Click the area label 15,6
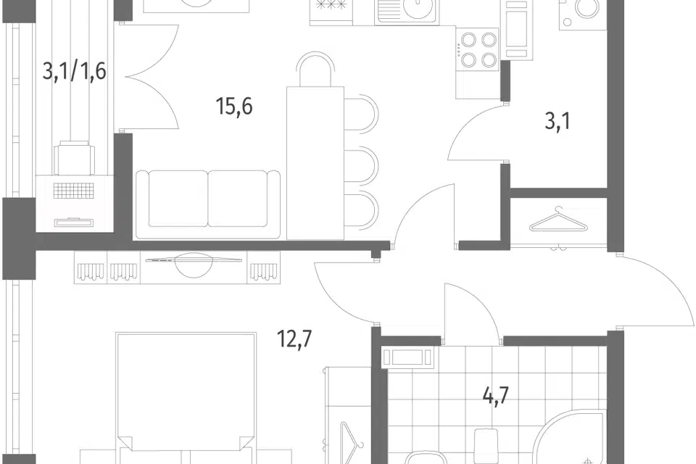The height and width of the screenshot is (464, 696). click(234, 107)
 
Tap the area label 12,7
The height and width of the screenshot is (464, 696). click(295, 339)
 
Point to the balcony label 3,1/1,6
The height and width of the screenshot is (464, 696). click(74, 71)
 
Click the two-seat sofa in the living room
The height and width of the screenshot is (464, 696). click(208, 204)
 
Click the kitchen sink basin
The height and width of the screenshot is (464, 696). click(407, 11)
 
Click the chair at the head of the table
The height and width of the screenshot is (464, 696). click(315, 70)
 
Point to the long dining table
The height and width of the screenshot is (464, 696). click(315, 163)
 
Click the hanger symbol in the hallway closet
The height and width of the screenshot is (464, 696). click(558, 220)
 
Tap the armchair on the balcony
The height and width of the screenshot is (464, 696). click(74, 157)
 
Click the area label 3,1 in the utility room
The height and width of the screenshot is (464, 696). click(558, 121)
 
